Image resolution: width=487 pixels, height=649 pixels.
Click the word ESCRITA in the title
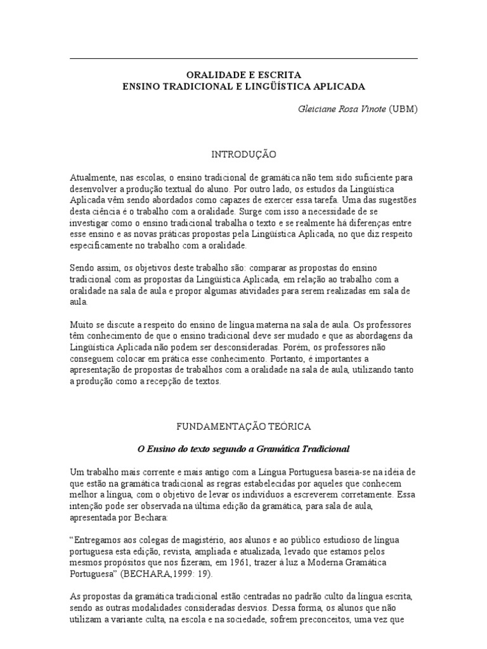(x=283, y=75)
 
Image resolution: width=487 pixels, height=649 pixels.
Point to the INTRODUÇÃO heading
(x=243, y=154)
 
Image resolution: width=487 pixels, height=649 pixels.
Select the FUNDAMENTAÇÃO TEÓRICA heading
(x=243, y=428)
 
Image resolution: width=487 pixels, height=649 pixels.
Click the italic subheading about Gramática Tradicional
(x=243, y=449)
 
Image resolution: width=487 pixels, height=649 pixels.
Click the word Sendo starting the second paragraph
(x=82, y=269)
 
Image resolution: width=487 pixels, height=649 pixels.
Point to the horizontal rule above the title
(x=243, y=59)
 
